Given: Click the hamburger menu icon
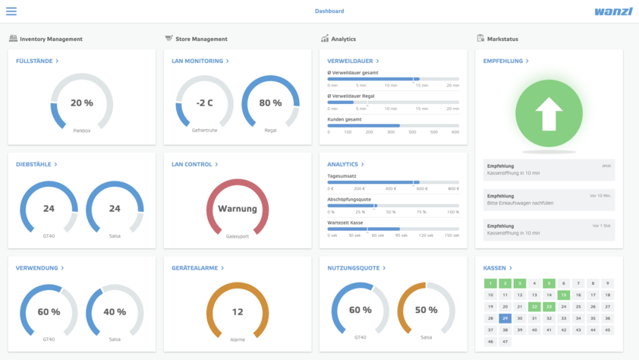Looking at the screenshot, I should coord(11,11).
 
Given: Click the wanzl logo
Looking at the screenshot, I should coord(613,11).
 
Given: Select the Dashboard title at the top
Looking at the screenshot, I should coord(329,11).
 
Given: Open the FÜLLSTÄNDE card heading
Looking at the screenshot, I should coord(35,61).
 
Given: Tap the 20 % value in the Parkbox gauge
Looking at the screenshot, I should coord(81,103).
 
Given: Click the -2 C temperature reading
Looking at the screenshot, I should coord(204,103).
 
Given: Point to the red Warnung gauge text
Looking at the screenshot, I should coord(238,209).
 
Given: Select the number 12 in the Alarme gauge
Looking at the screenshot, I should coord(238,312).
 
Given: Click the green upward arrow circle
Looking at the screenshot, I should coord(549,114).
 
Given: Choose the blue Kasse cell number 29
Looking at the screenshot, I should coord(505,318).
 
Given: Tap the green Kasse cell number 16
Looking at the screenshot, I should coord(564,295).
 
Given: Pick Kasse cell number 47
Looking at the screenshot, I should coord(505,342).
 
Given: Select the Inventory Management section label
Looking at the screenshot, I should coord(51,39).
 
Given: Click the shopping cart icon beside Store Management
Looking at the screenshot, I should coord(168,38).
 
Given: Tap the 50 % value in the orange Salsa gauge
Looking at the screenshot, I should coord(426,311).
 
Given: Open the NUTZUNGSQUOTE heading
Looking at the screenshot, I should coord(356,268).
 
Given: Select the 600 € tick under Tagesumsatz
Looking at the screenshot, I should coord(422,188).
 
